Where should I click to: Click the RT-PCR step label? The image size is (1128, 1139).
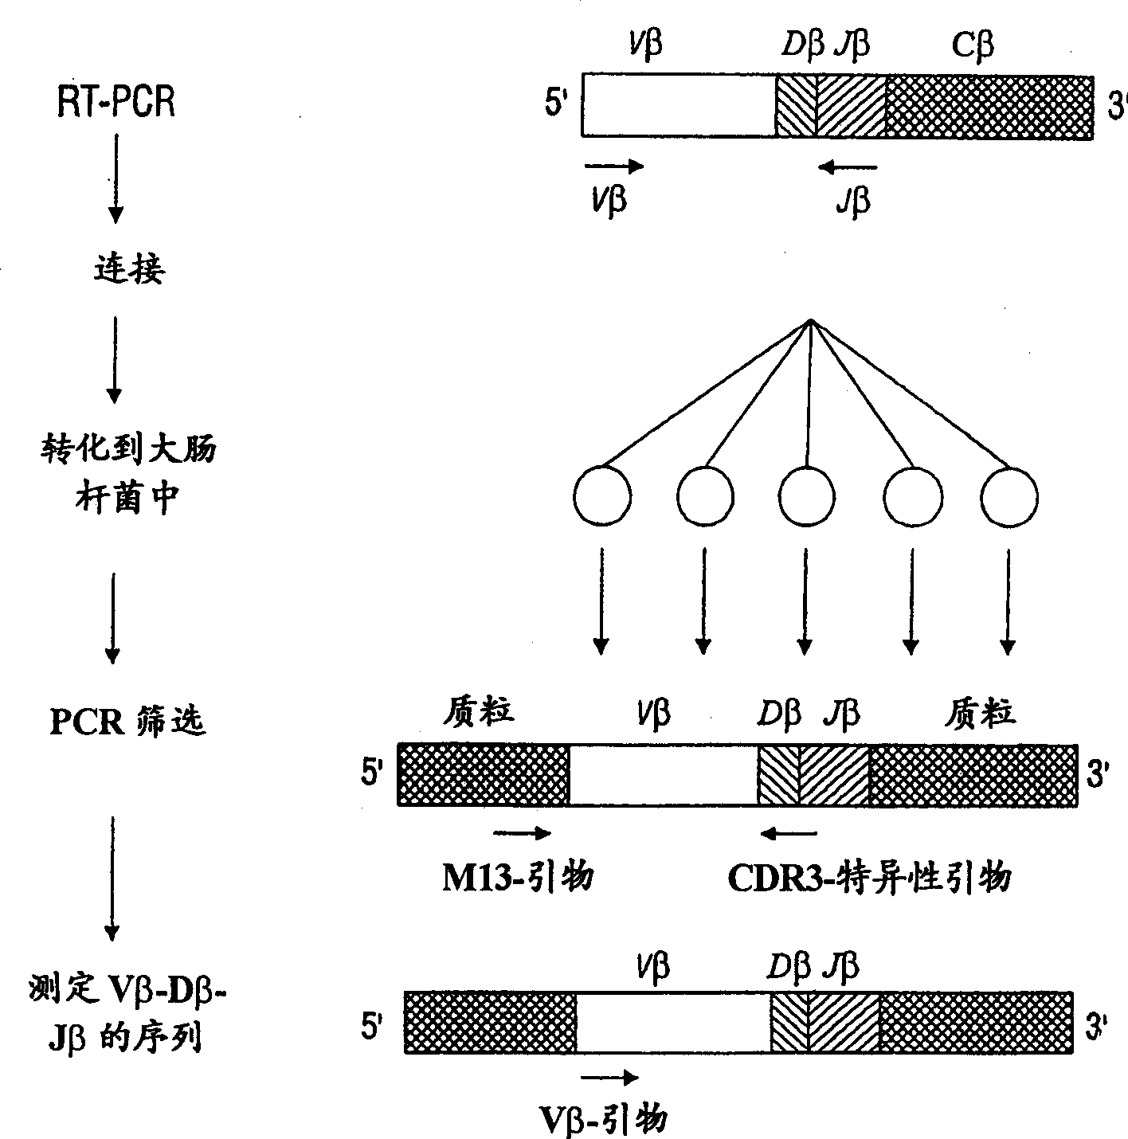coord(116,104)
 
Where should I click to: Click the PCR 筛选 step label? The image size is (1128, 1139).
coord(127,722)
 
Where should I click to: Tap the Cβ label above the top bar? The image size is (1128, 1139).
coord(973,45)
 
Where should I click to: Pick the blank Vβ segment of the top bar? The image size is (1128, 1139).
coord(678,105)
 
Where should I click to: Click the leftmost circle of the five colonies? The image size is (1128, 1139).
coord(602,497)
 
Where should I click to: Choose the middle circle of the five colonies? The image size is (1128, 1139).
coord(807,497)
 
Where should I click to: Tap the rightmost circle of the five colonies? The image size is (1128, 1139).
coord(1009,497)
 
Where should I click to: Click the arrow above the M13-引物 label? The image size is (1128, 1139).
coord(523,834)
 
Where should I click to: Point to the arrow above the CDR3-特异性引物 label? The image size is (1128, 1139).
coord(788,834)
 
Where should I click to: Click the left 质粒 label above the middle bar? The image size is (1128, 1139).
coord(478,710)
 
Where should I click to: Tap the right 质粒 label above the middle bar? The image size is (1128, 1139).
coord(980,711)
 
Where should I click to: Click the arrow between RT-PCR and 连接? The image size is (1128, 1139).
coord(116,177)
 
